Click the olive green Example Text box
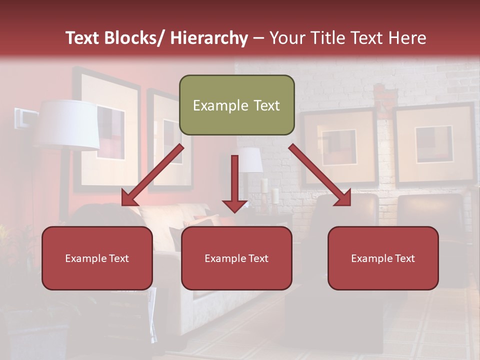[x=236, y=105]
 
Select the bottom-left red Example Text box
[x=97, y=258]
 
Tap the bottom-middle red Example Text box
[x=236, y=258]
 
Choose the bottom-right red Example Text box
[x=383, y=258]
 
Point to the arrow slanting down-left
[x=152, y=175]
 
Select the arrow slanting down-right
[x=320, y=175]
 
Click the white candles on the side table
[x=270, y=191]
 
